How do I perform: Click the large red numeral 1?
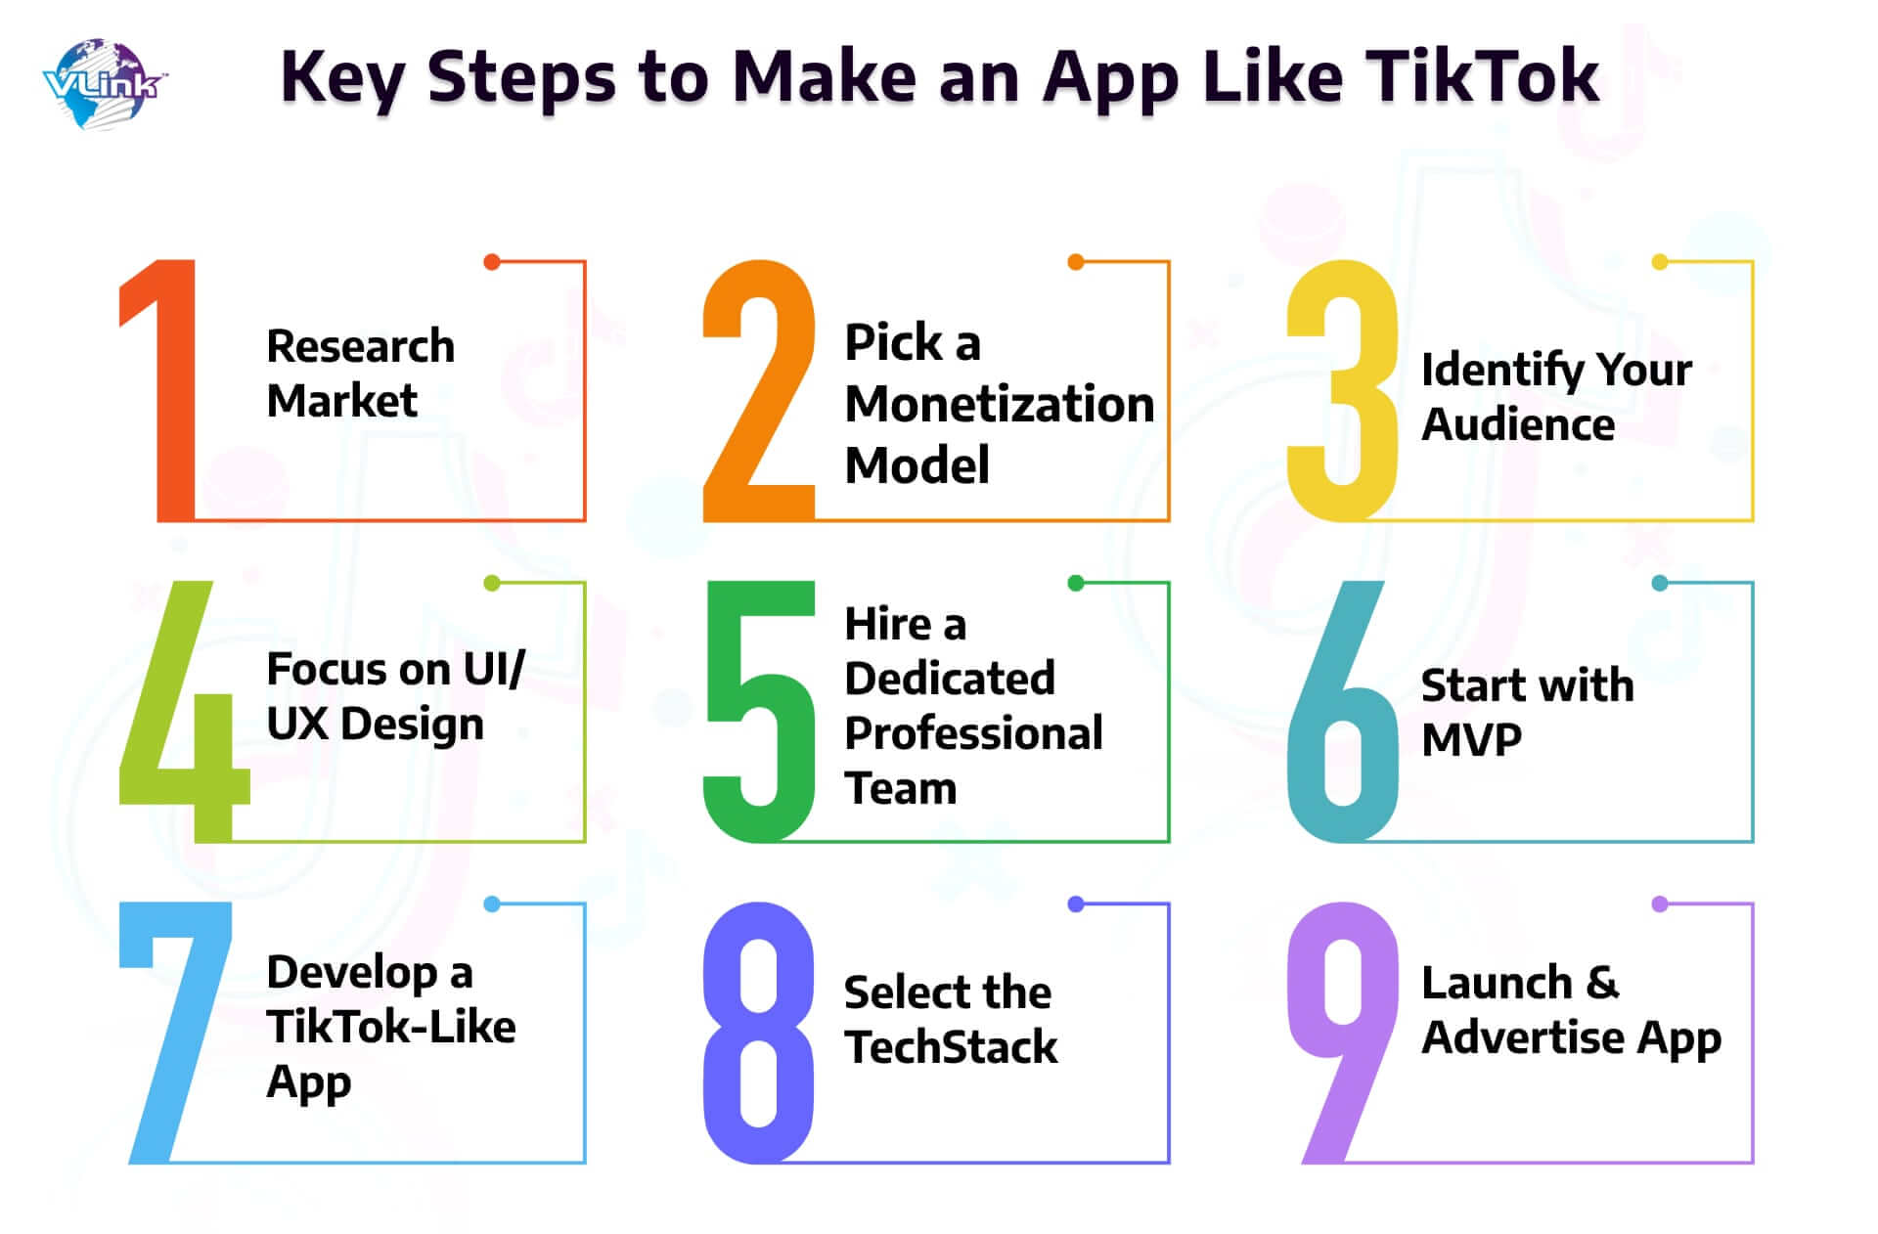point(158,390)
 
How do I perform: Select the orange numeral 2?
point(759,390)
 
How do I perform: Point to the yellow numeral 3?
point(1343,390)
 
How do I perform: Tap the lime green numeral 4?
point(184,711)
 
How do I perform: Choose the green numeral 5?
point(759,711)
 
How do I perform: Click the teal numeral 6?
point(1343,711)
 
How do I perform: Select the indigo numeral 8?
point(759,1033)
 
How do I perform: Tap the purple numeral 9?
point(1343,1033)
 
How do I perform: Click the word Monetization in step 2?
point(1000,404)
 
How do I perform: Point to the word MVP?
point(1471,740)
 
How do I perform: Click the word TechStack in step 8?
point(951,1047)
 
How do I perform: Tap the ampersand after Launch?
point(1602,983)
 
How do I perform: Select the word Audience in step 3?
point(1518,424)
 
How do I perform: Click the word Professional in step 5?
point(973,733)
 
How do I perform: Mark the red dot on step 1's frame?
point(492,262)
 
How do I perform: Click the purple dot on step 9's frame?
point(1660,904)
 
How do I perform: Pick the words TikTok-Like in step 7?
point(391,1027)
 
